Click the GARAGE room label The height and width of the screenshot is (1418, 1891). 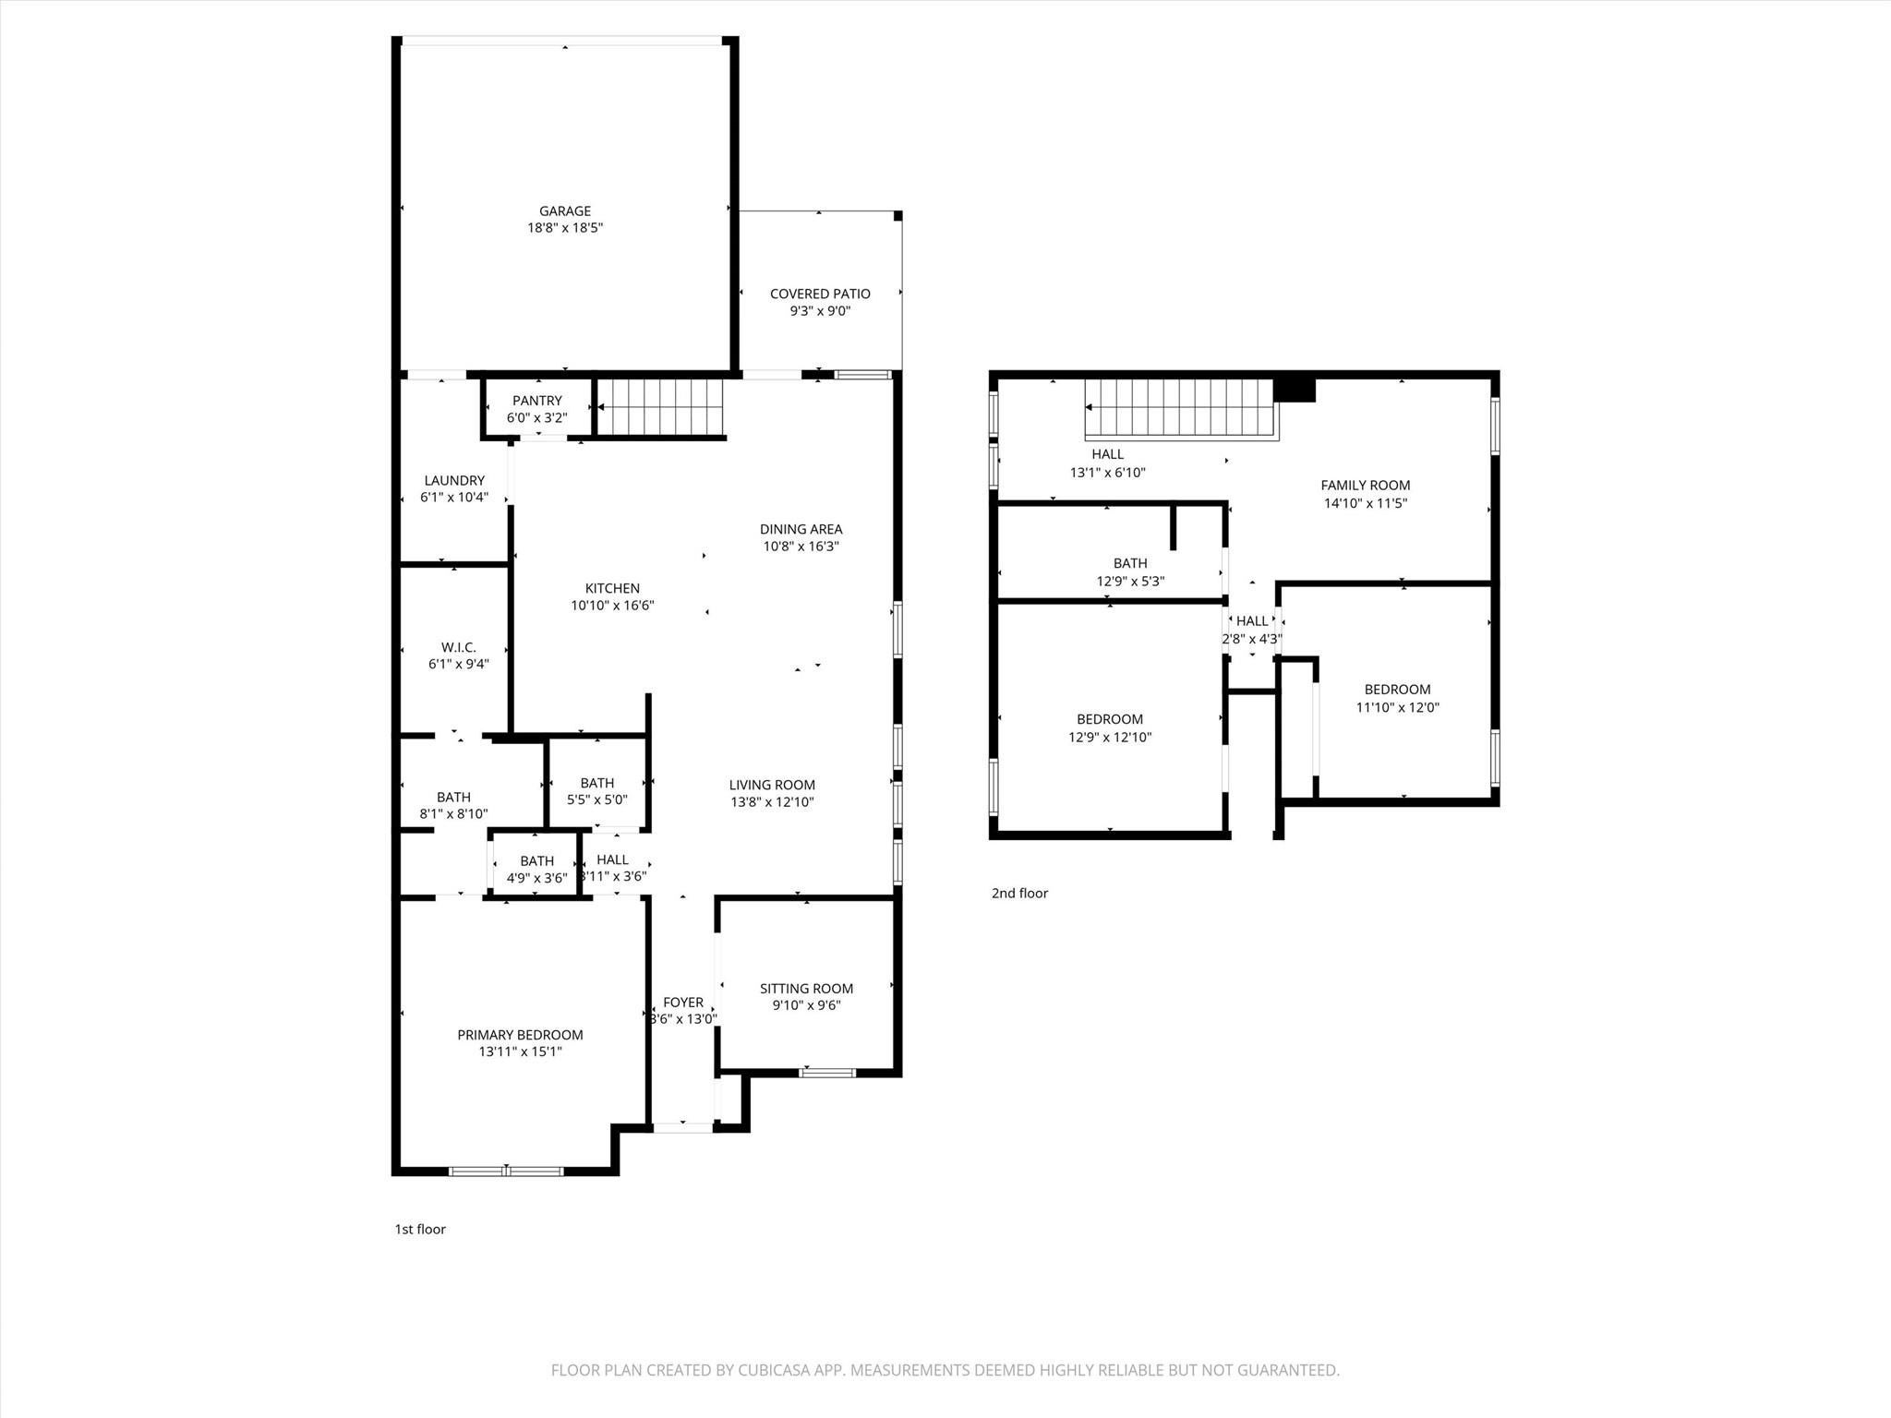pos(565,211)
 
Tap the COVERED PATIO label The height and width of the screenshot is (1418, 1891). pos(820,294)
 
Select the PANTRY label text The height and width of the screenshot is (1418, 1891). pos(537,401)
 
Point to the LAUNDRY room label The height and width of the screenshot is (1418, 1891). pos(454,481)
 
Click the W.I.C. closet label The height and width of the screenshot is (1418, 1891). pos(458,647)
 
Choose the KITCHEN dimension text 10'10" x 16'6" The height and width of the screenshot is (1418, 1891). pos(612,606)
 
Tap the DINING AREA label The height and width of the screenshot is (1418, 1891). pos(801,529)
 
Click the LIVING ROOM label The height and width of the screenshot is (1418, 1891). pos(772,786)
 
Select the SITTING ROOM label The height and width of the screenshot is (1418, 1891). pos(807,989)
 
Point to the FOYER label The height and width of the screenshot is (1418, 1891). pos(683,1003)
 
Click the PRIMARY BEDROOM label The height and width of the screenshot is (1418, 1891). pos(521,1035)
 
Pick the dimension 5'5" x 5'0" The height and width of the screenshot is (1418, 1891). pos(597,800)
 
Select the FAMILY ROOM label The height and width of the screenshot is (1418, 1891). pos(1366,486)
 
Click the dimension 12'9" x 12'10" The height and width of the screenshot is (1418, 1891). pos(1110,738)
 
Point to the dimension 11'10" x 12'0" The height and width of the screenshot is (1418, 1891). pos(1398,708)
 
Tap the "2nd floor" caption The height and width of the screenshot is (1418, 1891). pos(1020,894)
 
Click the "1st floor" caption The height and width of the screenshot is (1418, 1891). pos(420,1230)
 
